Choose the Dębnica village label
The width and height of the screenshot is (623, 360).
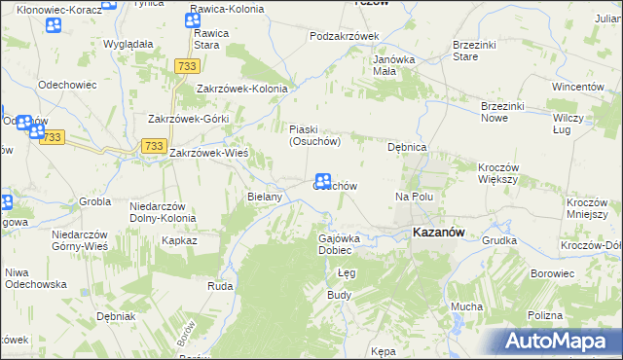tap(408, 147)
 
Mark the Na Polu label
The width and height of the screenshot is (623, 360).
tap(414, 197)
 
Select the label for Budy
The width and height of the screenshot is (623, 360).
tap(339, 294)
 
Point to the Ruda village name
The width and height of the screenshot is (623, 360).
tap(219, 287)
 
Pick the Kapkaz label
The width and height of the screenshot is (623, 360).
tap(180, 239)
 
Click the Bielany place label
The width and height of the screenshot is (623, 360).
tap(265, 197)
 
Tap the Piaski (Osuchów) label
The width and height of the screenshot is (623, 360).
tap(313, 134)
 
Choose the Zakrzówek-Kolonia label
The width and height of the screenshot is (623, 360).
tap(242, 89)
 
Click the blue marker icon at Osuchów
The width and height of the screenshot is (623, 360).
tap(324, 181)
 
